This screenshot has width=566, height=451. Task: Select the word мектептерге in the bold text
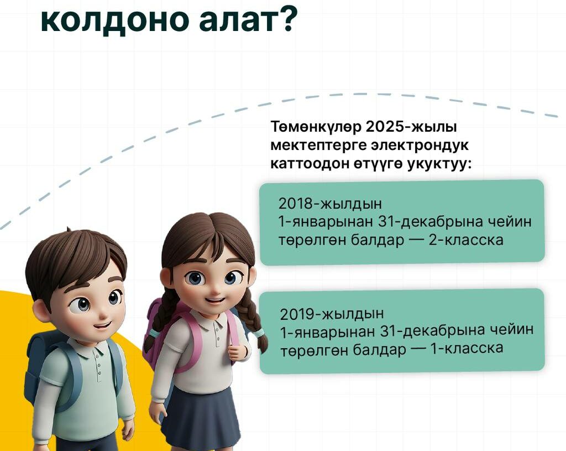tap(318, 146)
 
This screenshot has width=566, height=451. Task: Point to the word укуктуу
tap(439, 164)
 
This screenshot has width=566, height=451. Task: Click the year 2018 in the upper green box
tap(295, 204)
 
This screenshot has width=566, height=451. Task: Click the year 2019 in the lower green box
tap(297, 314)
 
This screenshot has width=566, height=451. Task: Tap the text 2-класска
tap(465, 240)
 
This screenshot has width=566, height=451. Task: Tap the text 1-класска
tap(467, 348)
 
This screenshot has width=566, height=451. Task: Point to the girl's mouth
tap(215, 300)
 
